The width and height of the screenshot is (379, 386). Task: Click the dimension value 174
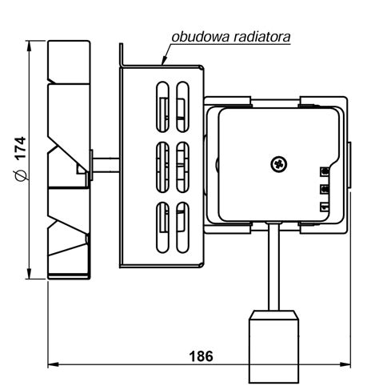point(21,148)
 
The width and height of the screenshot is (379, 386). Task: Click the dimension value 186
point(201,356)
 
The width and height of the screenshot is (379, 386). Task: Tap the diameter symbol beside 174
point(21,174)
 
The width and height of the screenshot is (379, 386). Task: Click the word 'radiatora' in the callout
point(262,37)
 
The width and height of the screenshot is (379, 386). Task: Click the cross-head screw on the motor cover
point(279,163)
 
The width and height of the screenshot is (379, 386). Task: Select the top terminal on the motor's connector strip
point(325,171)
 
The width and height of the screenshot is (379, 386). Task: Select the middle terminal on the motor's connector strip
point(325,189)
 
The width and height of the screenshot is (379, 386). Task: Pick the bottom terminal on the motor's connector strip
point(325,207)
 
